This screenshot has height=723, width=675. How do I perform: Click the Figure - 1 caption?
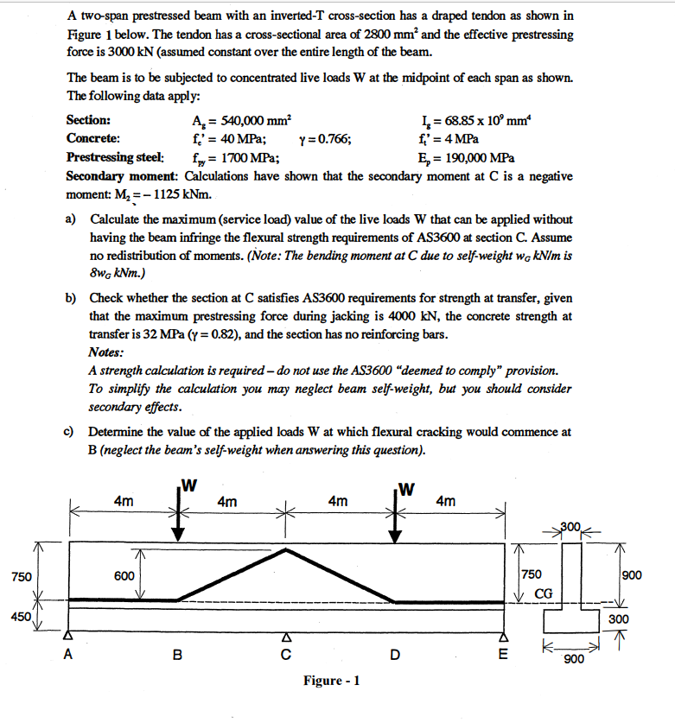tap(331, 681)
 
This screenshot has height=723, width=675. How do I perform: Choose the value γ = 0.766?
tap(323, 139)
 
